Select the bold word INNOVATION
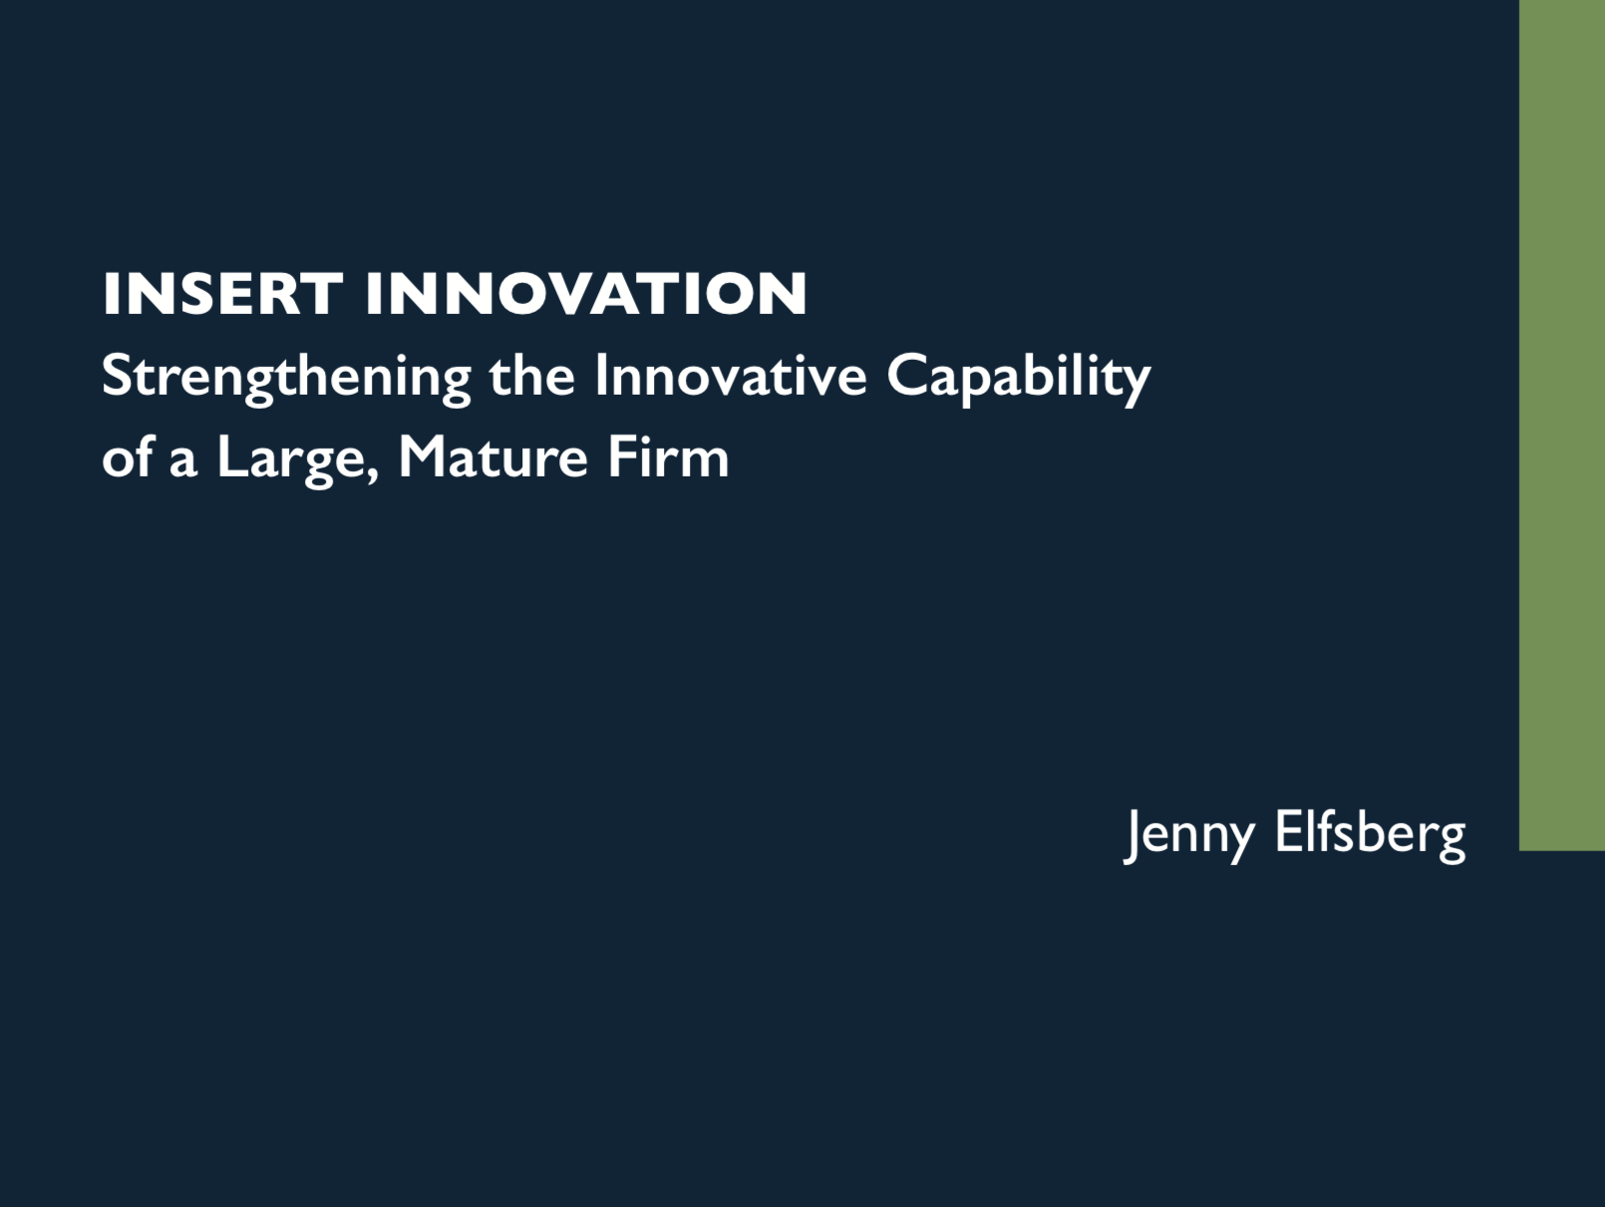click(586, 294)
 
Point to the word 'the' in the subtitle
click(532, 376)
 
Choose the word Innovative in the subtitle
click(731, 376)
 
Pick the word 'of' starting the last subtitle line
click(128, 456)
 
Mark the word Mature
click(492, 457)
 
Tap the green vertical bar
click(1562, 425)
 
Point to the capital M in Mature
click(427, 457)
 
